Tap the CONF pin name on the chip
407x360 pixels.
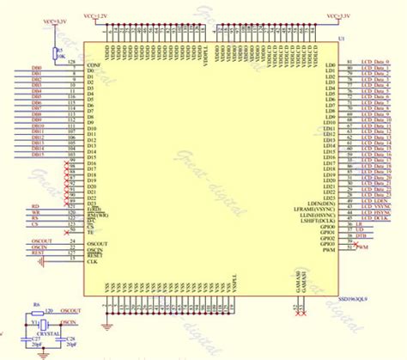click(x=94, y=64)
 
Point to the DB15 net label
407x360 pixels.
click(x=37, y=153)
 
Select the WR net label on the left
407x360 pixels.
click(x=35, y=211)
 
